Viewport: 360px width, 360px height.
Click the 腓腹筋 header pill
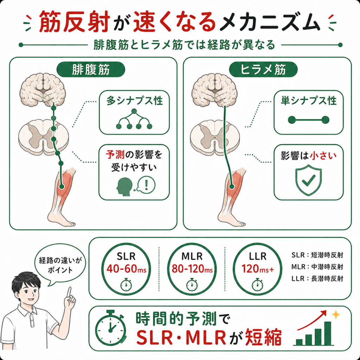[x=91, y=70]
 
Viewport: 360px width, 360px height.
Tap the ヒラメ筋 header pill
[x=263, y=70]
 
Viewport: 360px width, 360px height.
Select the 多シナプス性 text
[x=135, y=101]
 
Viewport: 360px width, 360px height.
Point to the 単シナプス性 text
[x=309, y=101]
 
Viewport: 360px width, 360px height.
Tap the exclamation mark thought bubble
[x=146, y=184]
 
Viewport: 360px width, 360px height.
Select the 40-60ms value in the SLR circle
[x=126, y=269]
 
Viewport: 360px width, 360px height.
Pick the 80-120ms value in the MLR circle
[x=192, y=269]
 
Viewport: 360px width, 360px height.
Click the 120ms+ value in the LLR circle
[x=258, y=269]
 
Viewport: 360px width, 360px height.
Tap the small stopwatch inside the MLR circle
[x=192, y=285]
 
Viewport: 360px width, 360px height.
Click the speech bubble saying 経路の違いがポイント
[x=60, y=265]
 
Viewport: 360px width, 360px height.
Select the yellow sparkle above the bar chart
[x=336, y=315]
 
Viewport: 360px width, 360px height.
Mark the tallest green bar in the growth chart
[x=328, y=333]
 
